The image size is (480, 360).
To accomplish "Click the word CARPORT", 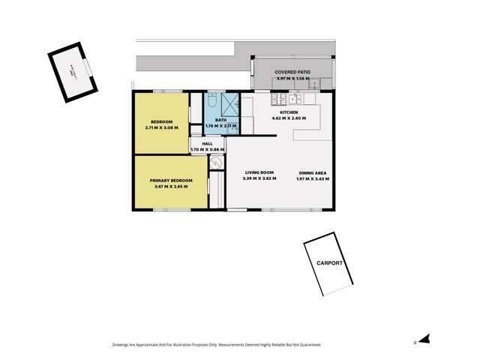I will pyautogui.click(x=329, y=263).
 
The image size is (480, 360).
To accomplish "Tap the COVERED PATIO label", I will pyautogui.click(x=292, y=72).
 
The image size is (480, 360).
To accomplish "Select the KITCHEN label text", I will pyautogui.click(x=289, y=112).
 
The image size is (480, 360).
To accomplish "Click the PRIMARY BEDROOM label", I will pyautogui.click(x=171, y=180).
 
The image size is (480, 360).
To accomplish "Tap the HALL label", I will pyautogui.click(x=207, y=143).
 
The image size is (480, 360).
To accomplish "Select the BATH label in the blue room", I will pyautogui.click(x=220, y=120).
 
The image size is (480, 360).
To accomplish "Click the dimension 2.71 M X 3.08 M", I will pyautogui.click(x=161, y=127).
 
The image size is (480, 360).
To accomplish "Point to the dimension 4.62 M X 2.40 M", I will pyautogui.click(x=289, y=118).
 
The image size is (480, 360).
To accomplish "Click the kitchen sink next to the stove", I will pyautogui.click(x=295, y=98).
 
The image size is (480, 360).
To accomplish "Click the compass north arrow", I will pyautogui.click(x=424, y=340).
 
